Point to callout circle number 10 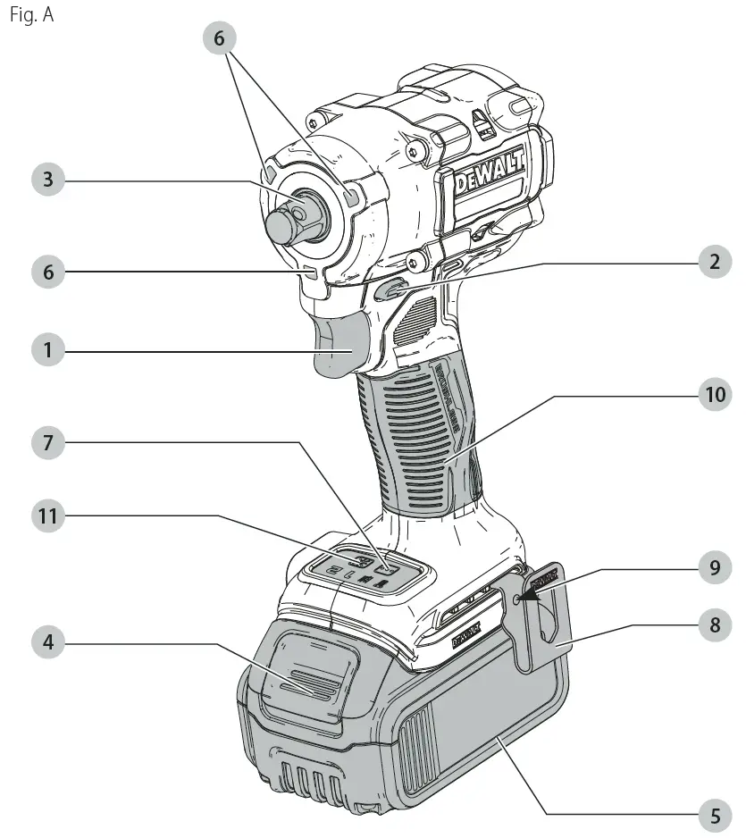coord(713,395)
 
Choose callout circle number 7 coord(48,441)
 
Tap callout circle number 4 coord(48,641)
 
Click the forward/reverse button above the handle coord(389,291)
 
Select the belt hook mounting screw coord(519,597)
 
